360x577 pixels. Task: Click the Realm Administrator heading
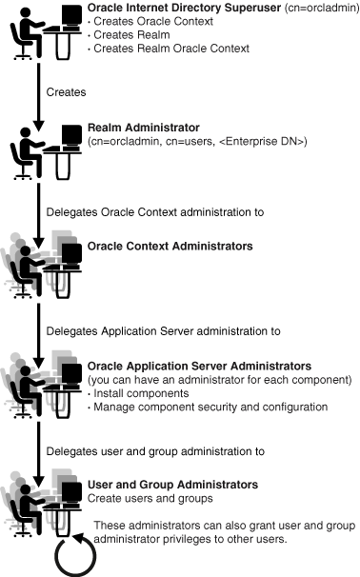[x=134, y=129]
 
